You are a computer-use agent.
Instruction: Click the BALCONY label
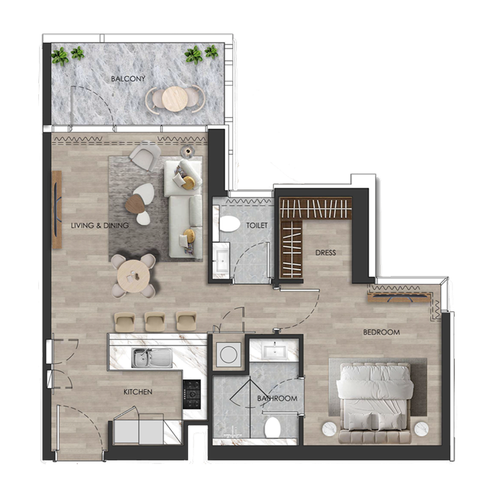pyautogui.click(x=128, y=79)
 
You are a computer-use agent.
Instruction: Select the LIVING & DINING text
pyautogui.click(x=100, y=225)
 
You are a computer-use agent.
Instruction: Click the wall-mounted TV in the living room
pyautogui.click(x=56, y=210)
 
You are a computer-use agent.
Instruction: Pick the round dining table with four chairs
pyautogui.click(x=133, y=274)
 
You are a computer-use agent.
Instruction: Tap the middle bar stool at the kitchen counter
pyautogui.click(x=155, y=321)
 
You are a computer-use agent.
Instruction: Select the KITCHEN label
pyautogui.click(x=137, y=392)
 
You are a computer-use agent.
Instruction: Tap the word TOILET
pyautogui.click(x=257, y=225)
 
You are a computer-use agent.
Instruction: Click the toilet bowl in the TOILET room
pyautogui.click(x=230, y=223)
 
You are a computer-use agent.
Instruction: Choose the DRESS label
pyautogui.click(x=325, y=252)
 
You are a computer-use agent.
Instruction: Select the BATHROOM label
pyautogui.click(x=277, y=398)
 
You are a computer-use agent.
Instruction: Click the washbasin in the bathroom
pyautogui.click(x=273, y=351)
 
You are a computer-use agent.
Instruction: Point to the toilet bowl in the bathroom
pyautogui.click(x=273, y=426)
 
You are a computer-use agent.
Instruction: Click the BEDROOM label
pyautogui.click(x=381, y=332)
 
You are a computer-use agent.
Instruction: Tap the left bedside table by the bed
pyautogui.click(x=328, y=428)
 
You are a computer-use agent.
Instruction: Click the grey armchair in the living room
pyautogui.click(x=144, y=157)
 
